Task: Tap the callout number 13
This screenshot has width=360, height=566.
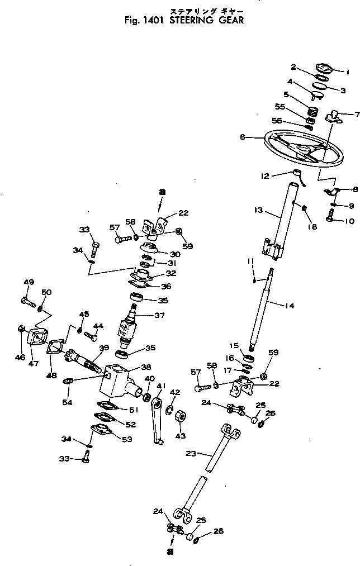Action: click(x=258, y=211)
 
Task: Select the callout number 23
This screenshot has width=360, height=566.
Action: click(x=190, y=454)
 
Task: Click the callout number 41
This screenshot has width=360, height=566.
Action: click(x=162, y=385)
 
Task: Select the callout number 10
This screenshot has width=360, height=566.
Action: click(x=348, y=221)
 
